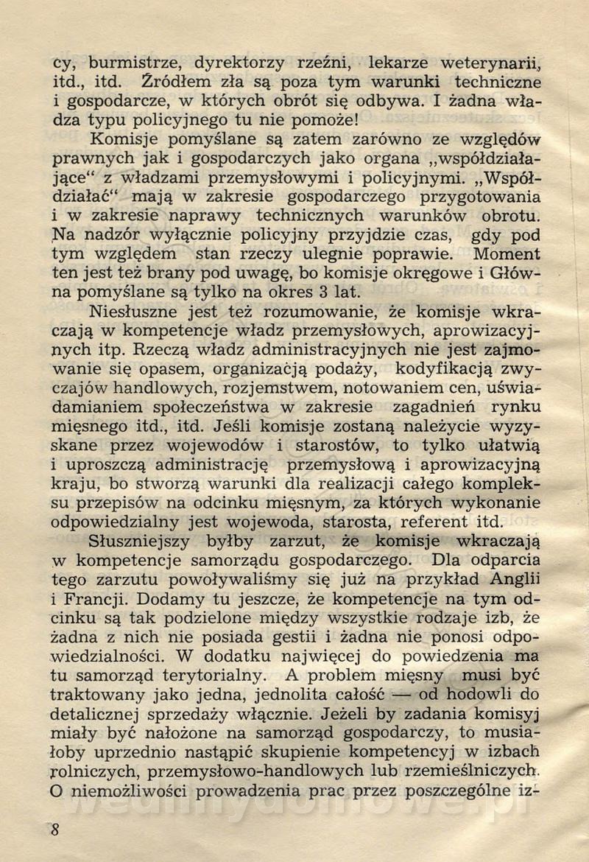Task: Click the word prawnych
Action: [x=91, y=158]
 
